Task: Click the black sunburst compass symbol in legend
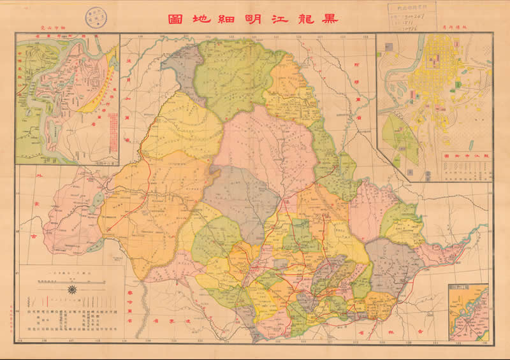(x=72, y=290)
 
